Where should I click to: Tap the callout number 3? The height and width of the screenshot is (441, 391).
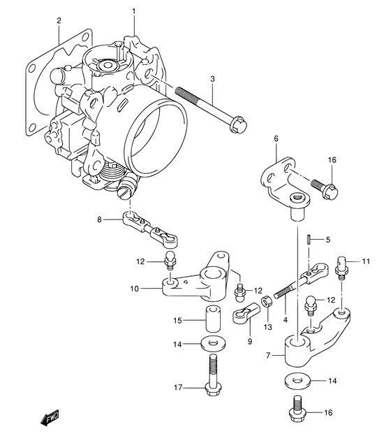(x=212, y=79)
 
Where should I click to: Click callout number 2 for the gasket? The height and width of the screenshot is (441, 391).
(x=59, y=20)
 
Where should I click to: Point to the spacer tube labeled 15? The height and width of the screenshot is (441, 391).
(x=213, y=320)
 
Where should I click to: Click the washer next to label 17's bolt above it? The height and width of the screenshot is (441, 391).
(x=214, y=343)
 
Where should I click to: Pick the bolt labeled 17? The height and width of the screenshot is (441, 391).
(x=213, y=375)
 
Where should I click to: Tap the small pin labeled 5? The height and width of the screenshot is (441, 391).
(x=308, y=240)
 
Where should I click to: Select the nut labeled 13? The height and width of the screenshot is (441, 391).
(x=266, y=302)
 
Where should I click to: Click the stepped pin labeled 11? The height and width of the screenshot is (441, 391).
(x=342, y=268)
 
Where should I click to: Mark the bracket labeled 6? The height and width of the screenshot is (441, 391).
(x=286, y=183)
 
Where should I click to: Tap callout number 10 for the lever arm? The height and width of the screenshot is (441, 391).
(x=135, y=289)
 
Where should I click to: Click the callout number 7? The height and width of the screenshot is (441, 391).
(x=268, y=356)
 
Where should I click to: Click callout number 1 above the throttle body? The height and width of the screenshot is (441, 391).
(x=133, y=11)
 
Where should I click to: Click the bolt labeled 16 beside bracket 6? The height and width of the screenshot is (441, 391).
(x=324, y=189)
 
